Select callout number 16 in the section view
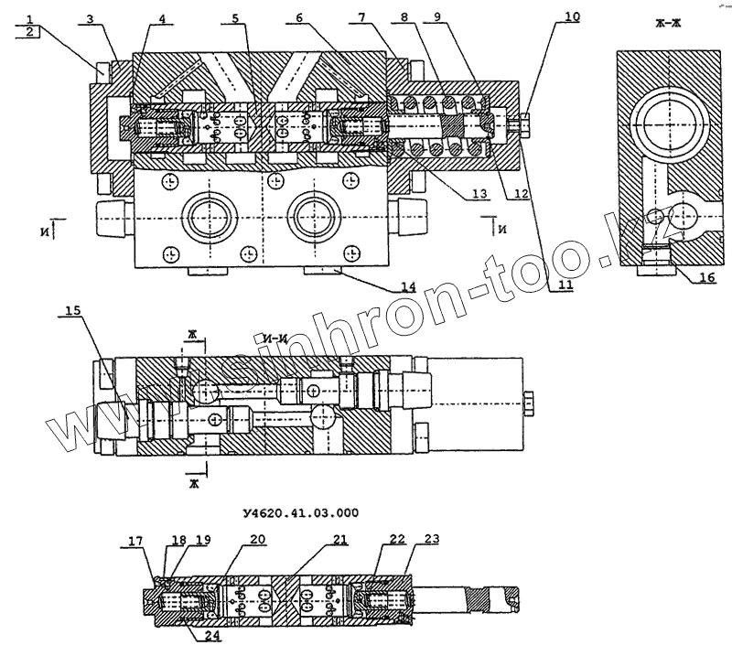(702, 278)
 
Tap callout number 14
(407, 287)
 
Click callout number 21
(339, 539)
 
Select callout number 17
(135, 542)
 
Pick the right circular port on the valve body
(314, 218)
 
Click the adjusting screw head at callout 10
(528, 119)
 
